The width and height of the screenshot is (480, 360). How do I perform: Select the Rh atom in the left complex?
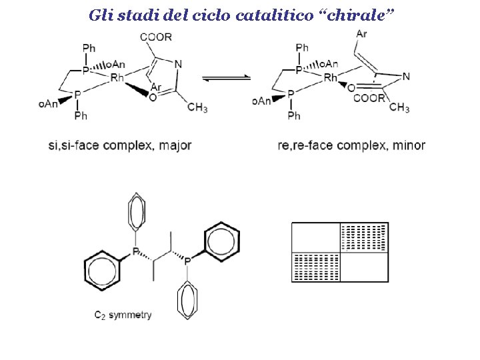point(117,78)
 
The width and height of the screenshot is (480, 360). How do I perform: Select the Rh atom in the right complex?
point(331,79)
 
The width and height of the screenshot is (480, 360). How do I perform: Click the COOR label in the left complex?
point(155,37)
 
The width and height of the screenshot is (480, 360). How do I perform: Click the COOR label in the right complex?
point(370,98)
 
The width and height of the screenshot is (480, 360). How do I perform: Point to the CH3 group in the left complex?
point(197,109)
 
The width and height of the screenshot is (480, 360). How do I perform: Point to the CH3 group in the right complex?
point(399,107)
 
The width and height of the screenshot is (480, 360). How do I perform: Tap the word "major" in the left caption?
point(175,145)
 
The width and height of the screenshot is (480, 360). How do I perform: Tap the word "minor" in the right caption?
point(409,145)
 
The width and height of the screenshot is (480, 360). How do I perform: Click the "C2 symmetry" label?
point(123,315)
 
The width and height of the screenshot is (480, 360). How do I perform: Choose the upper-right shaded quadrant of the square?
point(364,238)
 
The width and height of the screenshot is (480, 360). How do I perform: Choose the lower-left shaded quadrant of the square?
point(316,267)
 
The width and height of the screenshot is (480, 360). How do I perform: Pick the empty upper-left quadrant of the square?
point(316,238)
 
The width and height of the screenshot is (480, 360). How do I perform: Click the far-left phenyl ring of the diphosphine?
point(101,271)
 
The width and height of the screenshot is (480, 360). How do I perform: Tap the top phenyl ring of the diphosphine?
point(137,212)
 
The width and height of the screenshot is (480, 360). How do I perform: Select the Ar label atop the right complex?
point(361,34)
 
